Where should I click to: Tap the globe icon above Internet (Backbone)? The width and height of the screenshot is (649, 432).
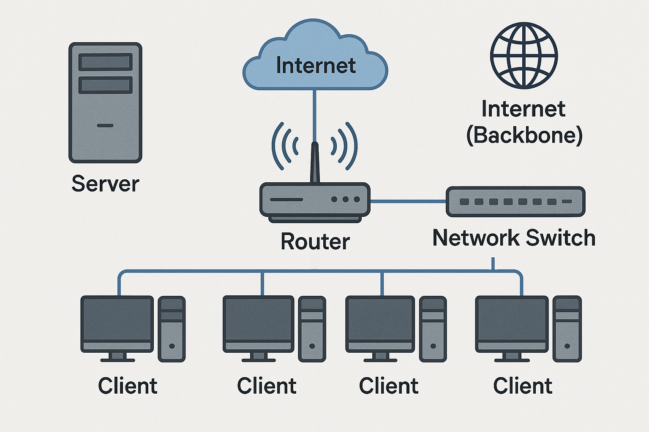point(524,56)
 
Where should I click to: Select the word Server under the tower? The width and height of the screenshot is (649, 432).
point(105,184)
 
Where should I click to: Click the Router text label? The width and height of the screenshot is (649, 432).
point(315,241)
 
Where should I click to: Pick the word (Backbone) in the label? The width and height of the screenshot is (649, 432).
point(524,135)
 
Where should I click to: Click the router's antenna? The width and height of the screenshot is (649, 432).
point(315,162)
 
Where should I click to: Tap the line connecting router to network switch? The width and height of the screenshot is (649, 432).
point(408,202)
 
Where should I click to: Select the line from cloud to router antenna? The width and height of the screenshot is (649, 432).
point(314,114)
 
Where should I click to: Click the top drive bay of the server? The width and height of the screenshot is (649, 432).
point(105,62)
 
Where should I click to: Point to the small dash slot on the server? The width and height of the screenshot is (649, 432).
point(105,125)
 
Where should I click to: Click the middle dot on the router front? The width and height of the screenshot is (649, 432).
point(346,199)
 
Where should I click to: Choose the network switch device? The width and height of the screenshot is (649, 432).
point(515,202)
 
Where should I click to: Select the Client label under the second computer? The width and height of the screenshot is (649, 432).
point(267,386)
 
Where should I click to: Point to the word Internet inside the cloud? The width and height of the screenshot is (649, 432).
point(316,65)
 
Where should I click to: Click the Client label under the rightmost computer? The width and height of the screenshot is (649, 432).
point(523,386)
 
